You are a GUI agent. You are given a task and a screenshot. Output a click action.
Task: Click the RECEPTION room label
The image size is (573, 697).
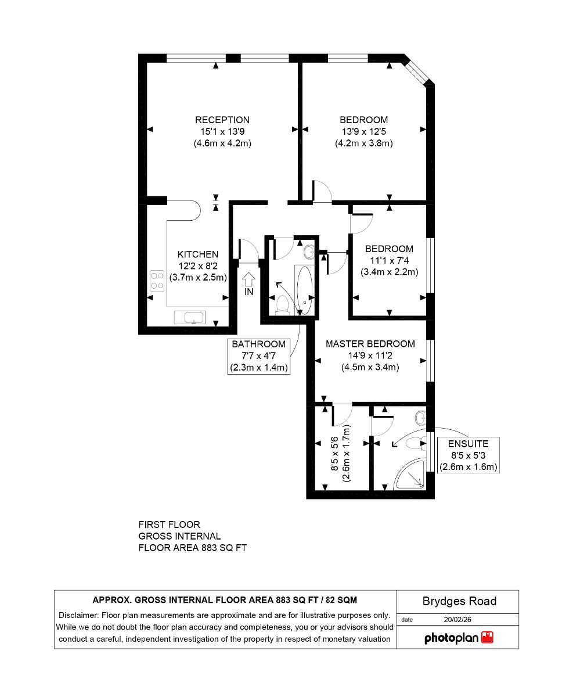tap(222, 120)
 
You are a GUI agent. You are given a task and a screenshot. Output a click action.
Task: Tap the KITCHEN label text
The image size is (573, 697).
tap(198, 254)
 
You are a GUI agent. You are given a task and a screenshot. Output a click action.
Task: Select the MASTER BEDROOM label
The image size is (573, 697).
tap(370, 344)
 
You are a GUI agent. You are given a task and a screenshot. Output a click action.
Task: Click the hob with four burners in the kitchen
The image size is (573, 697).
tap(157, 281)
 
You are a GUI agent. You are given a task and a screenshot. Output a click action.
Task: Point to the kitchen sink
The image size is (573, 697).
tap(190, 318)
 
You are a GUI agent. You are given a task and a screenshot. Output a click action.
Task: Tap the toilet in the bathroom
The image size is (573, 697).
tap(282, 304)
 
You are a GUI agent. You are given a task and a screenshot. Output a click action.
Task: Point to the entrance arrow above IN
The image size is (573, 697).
tap(248, 279)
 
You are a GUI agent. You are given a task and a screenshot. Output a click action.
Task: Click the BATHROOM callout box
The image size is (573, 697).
tap(258, 356)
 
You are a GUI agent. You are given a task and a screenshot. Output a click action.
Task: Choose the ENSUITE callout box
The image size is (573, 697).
tap(468, 455)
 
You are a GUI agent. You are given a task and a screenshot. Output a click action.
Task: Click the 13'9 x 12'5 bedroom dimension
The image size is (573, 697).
tap(363, 131)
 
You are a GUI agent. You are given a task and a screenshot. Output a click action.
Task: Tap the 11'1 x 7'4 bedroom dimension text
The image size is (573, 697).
tap(389, 260)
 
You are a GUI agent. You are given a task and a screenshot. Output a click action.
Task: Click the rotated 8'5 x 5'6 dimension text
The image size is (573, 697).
tap(334, 454)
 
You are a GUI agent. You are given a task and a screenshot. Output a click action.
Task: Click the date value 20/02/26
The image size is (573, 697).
tap(457, 619)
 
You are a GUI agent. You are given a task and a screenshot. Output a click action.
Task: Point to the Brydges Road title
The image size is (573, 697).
tap(459, 601)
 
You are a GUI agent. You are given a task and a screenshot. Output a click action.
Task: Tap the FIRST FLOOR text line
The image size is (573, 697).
tap(169, 524)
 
